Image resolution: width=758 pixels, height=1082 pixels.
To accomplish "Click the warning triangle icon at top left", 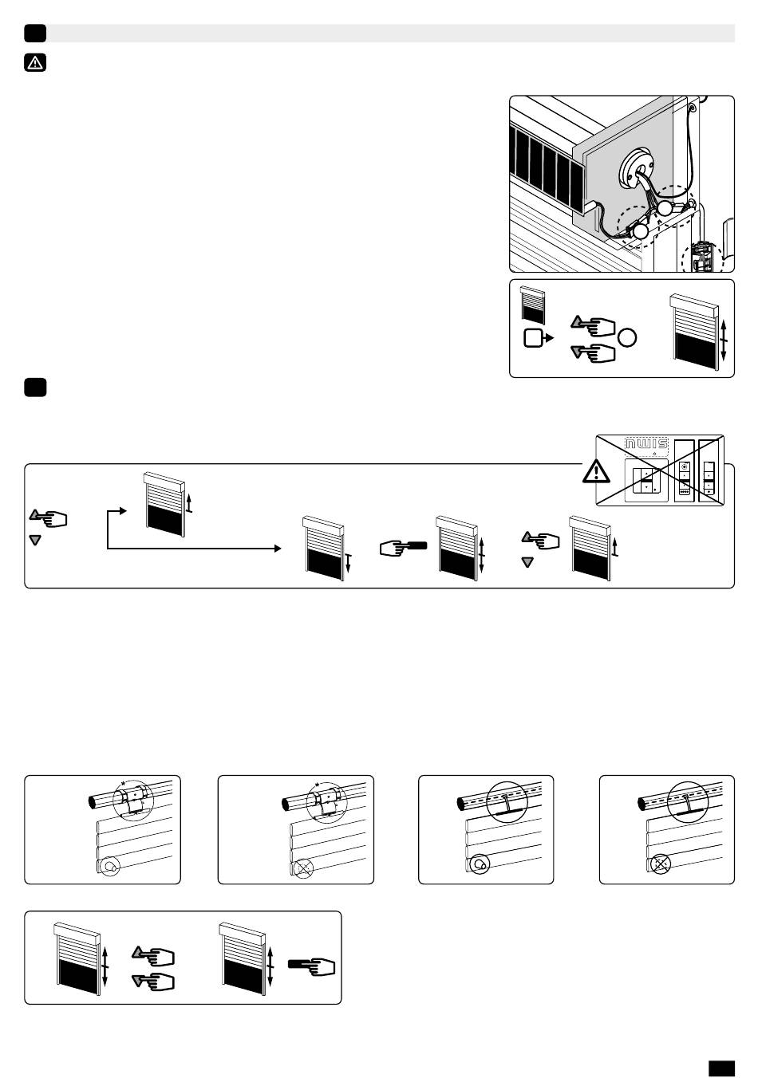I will coord(35,62).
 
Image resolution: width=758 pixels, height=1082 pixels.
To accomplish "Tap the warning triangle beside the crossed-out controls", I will coord(596,471).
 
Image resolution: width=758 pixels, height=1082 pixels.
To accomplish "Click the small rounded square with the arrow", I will coord(533,338).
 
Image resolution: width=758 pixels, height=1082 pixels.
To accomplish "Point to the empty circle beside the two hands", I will coord(627,337).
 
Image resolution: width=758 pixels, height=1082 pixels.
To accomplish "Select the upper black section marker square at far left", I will coord(35,33).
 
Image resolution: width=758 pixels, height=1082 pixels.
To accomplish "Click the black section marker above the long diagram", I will coord(35,387).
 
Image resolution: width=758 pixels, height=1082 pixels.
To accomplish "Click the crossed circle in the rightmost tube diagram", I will coord(659,862).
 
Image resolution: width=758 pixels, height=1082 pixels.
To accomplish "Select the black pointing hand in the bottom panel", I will coord(311,966).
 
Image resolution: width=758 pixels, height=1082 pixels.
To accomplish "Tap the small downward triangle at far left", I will coord(34,541).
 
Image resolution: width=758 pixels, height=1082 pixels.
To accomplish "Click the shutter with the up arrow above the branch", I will coord(164,501).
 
